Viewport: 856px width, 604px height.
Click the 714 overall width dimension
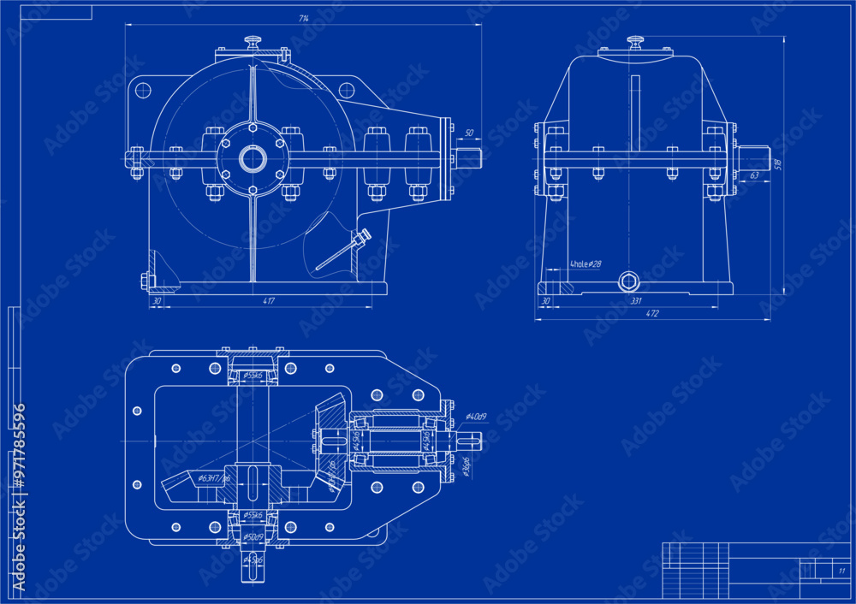(304, 18)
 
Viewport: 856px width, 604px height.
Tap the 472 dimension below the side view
(651, 314)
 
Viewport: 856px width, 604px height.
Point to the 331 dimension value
(636, 300)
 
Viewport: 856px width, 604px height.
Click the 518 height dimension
(777, 163)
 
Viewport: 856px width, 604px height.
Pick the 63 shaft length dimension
(753, 175)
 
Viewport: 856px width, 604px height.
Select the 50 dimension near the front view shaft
(468, 133)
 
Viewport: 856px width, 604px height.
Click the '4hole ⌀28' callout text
(586, 264)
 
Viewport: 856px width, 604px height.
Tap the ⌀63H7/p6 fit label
(213, 478)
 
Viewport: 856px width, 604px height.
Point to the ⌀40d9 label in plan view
(476, 417)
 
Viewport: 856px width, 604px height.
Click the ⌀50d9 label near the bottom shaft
(253, 536)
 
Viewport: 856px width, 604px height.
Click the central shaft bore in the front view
(253, 158)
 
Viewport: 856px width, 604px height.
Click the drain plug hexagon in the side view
(629, 281)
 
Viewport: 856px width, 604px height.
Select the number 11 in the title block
(841, 571)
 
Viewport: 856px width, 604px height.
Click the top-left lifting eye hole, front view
(143, 89)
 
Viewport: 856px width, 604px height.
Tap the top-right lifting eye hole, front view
(346, 89)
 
